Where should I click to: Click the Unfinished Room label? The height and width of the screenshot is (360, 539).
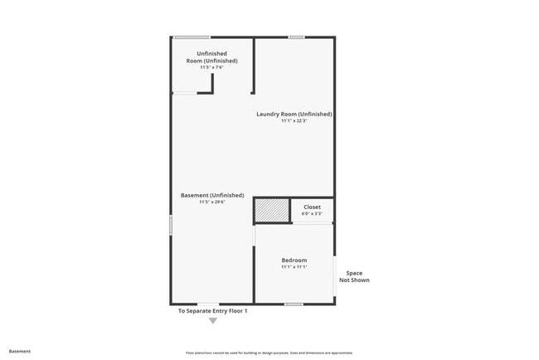211,57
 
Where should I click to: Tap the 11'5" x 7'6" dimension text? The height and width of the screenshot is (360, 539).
211,67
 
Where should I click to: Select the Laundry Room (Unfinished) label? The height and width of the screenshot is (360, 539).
294,114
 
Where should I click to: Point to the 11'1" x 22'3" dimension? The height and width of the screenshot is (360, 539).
294,121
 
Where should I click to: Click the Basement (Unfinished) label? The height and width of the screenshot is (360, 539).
212,195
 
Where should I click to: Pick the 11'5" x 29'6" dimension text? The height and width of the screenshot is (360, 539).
212,202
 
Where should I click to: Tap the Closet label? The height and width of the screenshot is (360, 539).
312,207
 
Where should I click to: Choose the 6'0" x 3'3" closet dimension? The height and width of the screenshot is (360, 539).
312,213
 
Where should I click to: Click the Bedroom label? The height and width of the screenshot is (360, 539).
294,260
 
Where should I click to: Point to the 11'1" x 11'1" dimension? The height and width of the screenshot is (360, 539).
294,267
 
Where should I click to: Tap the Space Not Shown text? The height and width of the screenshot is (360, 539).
354,276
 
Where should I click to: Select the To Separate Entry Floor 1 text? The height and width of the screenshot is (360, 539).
213,311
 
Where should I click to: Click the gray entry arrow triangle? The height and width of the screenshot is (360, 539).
213,320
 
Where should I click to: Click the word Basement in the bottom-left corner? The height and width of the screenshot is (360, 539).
20,351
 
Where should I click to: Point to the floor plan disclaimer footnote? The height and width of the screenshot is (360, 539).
270,352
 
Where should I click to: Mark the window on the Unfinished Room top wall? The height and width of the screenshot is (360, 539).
191,36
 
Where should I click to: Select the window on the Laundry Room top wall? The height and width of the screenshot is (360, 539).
296,36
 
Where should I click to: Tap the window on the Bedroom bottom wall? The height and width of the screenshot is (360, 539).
294,304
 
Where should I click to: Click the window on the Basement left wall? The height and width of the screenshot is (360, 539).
171,224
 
